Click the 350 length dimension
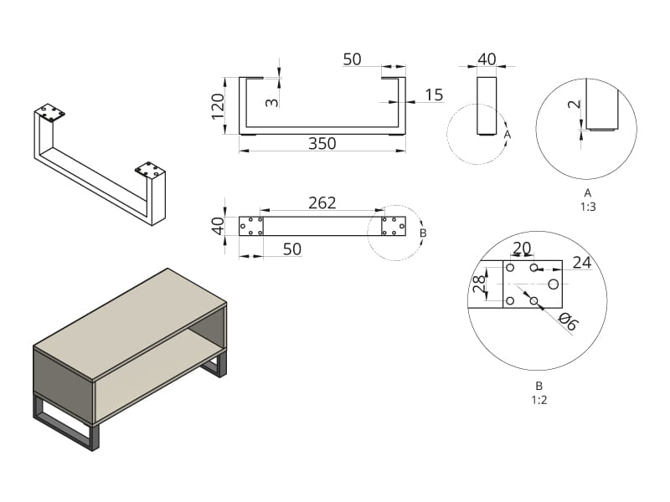(322, 143)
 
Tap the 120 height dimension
(218, 106)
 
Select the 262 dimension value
(322, 202)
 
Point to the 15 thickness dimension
(434, 95)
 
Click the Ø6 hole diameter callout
(568, 321)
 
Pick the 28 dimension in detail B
(479, 283)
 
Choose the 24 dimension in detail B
(582, 262)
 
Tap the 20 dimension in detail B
(522, 248)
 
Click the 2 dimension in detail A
(575, 104)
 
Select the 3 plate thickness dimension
(271, 102)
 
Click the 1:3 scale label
(588, 207)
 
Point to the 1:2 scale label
(539, 400)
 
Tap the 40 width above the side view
(487, 59)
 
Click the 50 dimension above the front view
(352, 59)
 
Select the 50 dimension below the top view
(292, 248)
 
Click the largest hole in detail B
(554, 284)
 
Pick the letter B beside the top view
(423, 233)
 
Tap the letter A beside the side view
(508, 135)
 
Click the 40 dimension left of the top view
(218, 226)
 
